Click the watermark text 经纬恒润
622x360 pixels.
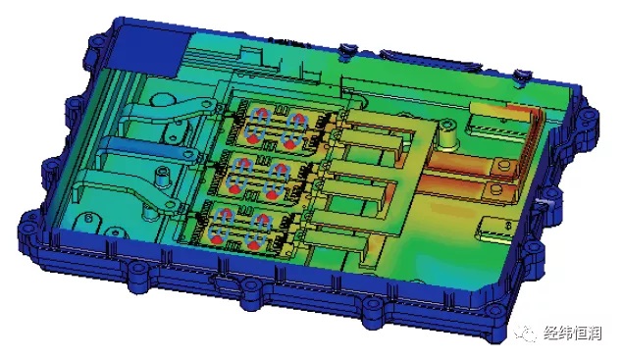coord(572,334)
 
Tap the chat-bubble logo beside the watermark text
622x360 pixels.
coord(525,333)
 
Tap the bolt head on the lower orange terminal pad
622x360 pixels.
coord(494,189)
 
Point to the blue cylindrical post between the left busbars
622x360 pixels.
coord(161,177)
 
